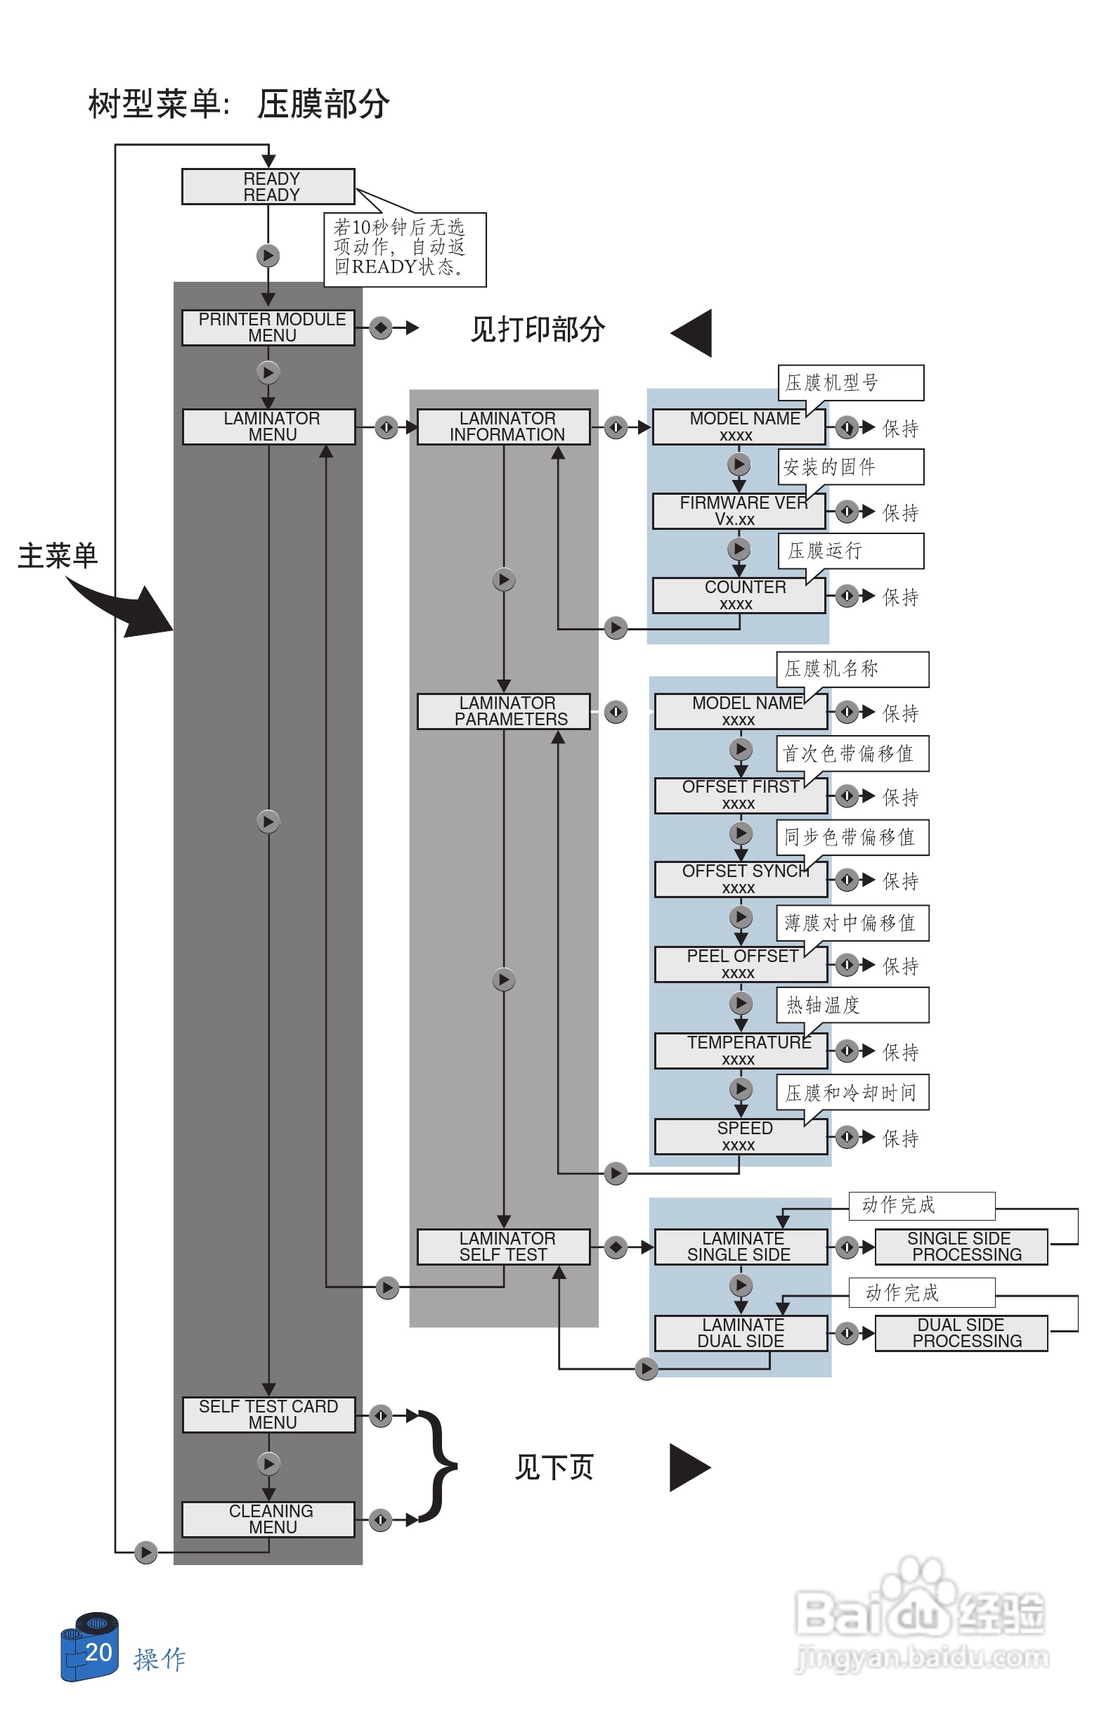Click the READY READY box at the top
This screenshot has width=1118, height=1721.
click(268, 186)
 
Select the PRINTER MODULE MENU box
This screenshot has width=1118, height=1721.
click(268, 327)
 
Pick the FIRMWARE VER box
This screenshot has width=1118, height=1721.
click(738, 510)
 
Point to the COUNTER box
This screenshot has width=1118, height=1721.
click(738, 595)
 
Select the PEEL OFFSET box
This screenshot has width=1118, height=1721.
click(740, 963)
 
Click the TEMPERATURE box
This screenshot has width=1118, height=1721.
click(740, 1049)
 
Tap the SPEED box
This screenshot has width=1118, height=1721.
click(740, 1136)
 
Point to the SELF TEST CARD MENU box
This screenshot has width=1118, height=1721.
click(268, 1414)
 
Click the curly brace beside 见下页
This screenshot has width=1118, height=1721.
click(437, 1466)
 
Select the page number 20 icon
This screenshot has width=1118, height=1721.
click(91, 1647)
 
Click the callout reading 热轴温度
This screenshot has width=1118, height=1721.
click(851, 1004)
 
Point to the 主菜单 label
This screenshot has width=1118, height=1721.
click(57, 555)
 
